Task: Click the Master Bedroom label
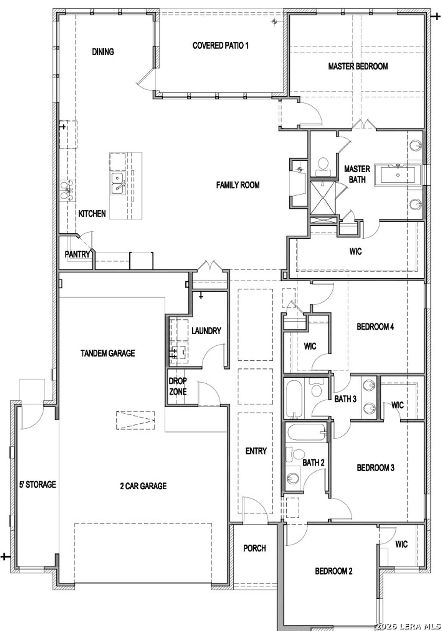(x=358, y=66)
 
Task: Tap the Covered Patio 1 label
(x=220, y=45)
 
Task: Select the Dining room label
(x=103, y=52)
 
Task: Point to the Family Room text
(x=238, y=185)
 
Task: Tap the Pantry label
(x=77, y=254)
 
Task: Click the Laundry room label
(x=206, y=331)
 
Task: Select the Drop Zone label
(x=177, y=386)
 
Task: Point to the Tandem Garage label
(x=108, y=353)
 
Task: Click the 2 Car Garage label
(x=143, y=486)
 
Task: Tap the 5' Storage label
(x=37, y=485)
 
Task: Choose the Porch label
(x=255, y=548)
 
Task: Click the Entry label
(x=256, y=451)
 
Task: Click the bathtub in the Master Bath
(x=396, y=174)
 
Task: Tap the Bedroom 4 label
(x=375, y=326)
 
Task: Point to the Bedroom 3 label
(x=375, y=468)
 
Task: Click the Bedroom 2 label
(x=333, y=571)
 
